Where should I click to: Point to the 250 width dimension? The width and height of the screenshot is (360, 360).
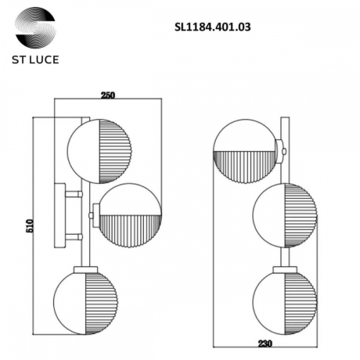tap(108, 95)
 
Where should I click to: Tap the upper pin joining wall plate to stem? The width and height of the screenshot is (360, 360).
tap(73, 195)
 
